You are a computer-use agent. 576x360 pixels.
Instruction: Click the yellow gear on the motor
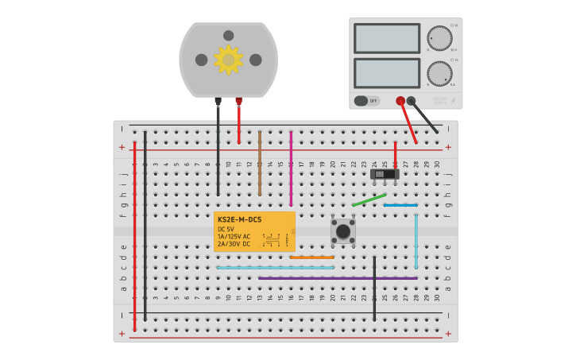coord(228,60)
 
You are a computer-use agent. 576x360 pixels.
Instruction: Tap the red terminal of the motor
coord(238,101)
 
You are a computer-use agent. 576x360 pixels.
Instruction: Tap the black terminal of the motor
coord(218,101)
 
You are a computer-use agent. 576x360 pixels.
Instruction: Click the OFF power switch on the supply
coord(367,101)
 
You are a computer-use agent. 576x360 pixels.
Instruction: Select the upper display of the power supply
coord(387,38)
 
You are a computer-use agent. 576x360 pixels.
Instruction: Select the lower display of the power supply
coord(387,73)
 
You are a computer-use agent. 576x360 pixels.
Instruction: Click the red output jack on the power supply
coord(400,101)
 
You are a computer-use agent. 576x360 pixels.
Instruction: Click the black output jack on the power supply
coord(412,101)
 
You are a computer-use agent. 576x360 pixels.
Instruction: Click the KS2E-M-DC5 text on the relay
coord(239,219)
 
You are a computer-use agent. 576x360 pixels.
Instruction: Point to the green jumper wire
coord(369,199)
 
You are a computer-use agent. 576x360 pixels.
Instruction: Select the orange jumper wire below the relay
coord(311,257)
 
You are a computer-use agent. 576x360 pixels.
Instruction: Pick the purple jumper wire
coord(338,278)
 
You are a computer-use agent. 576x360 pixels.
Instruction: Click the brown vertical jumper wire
coord(259,163)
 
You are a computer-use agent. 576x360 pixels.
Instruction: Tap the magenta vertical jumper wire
coord(291,163)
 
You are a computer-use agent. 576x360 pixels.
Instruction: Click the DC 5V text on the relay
coord(226,229)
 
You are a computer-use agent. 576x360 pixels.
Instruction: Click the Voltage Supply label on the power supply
coord(439,101)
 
